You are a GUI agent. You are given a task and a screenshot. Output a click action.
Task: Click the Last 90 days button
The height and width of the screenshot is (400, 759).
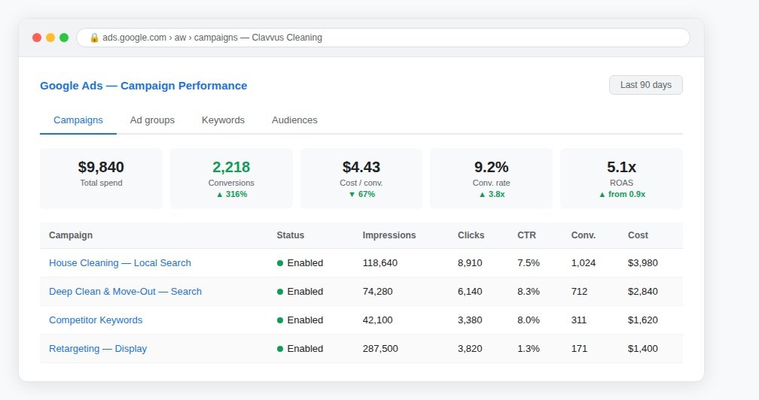[646, 85]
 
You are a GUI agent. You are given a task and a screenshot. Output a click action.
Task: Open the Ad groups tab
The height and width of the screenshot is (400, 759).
[152, 120]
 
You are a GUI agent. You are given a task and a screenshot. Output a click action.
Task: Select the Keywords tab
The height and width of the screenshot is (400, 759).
[223, 120]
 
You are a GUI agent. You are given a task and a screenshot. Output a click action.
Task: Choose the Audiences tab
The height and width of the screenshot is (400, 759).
[294, 120]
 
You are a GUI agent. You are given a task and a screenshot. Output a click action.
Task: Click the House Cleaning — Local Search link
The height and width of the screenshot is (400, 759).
[120, 263]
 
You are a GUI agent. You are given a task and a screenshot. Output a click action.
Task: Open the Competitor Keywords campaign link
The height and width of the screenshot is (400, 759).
[96, 320]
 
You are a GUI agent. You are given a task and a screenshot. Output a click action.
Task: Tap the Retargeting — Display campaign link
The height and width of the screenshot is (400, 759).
[98, 348]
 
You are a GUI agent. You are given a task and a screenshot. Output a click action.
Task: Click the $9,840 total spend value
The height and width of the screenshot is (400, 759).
[101, 167]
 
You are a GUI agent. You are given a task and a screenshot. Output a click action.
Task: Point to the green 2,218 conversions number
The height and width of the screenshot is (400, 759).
[231, 167]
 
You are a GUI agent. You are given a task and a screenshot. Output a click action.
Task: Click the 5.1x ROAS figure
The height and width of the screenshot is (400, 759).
[621, 167]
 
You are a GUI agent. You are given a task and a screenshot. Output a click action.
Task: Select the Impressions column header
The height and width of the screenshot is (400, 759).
[389, 235]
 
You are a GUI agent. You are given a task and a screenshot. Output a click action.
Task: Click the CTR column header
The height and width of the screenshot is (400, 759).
[526, 235]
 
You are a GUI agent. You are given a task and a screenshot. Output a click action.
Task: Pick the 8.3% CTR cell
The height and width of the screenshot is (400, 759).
[529, 291]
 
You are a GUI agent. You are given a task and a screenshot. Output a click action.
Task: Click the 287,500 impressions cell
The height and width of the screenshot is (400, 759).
[380, 348]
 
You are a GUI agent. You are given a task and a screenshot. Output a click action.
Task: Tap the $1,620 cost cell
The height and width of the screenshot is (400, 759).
[643, 320]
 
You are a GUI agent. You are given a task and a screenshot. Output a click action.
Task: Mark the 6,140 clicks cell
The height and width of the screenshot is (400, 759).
[470, 291]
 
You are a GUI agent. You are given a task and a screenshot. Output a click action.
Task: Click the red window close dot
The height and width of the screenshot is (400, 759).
[37, 38]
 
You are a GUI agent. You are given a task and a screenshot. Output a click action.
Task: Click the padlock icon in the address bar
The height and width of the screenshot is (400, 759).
[94, 38]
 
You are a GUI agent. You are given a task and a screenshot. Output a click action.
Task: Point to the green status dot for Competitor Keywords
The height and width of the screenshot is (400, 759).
[280, 320]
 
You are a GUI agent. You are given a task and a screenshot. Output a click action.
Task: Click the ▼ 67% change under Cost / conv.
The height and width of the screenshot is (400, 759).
[362, 194]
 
